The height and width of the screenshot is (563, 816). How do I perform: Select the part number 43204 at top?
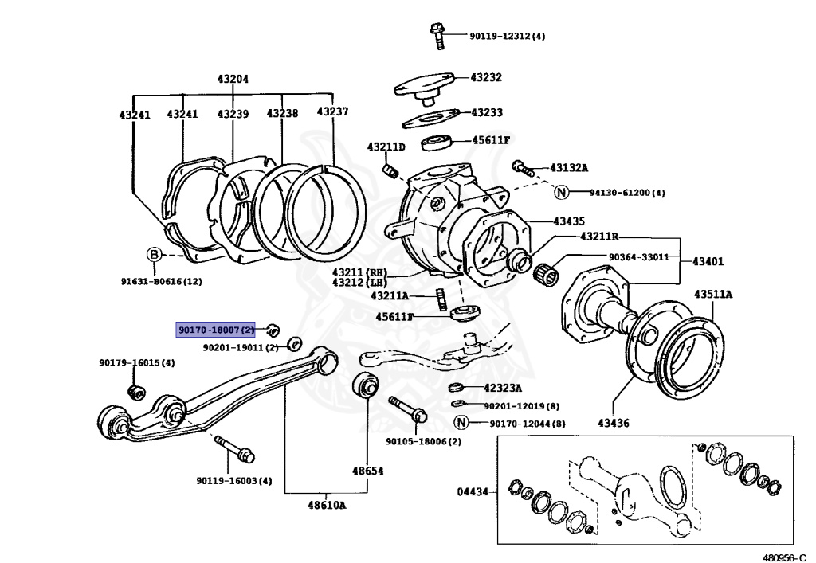[233, 79]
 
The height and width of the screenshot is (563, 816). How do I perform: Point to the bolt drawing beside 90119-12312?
[437, 32]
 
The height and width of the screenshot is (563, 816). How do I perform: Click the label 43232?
[486, 77]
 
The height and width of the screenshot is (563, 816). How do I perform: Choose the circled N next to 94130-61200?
[561, 192]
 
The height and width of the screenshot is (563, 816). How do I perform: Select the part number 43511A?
[713, 294]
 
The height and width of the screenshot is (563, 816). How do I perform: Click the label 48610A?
[326, 505]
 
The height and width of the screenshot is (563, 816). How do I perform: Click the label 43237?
[332, 111]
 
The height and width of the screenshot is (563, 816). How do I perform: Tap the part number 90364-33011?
[638, 257]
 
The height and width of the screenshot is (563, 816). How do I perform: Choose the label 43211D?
[386, 147]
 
